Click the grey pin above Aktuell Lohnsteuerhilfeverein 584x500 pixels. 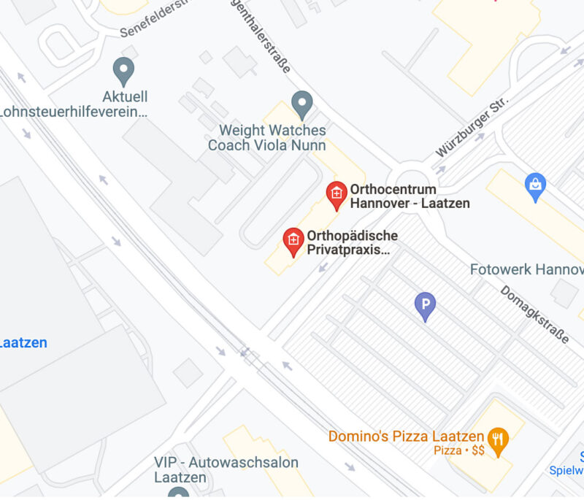[x=124, y=72]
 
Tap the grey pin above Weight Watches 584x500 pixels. [x=301, y=104]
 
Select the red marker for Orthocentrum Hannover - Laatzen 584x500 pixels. [x=336, y=194]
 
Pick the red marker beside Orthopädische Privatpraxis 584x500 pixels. [x=293, y=241]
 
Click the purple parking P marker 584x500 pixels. [x=425, y=305]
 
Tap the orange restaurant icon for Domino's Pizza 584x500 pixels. [x=499, y=441]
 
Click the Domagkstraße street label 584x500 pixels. [x=535, y=314]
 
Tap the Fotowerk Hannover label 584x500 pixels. [x=526, y=269]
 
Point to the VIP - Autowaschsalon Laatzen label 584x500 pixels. [x=226, y=470]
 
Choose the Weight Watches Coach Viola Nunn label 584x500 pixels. [x=266, y=137]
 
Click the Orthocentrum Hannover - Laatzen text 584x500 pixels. [x=409, y=196]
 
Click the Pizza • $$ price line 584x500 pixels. [x=459, y=451]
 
